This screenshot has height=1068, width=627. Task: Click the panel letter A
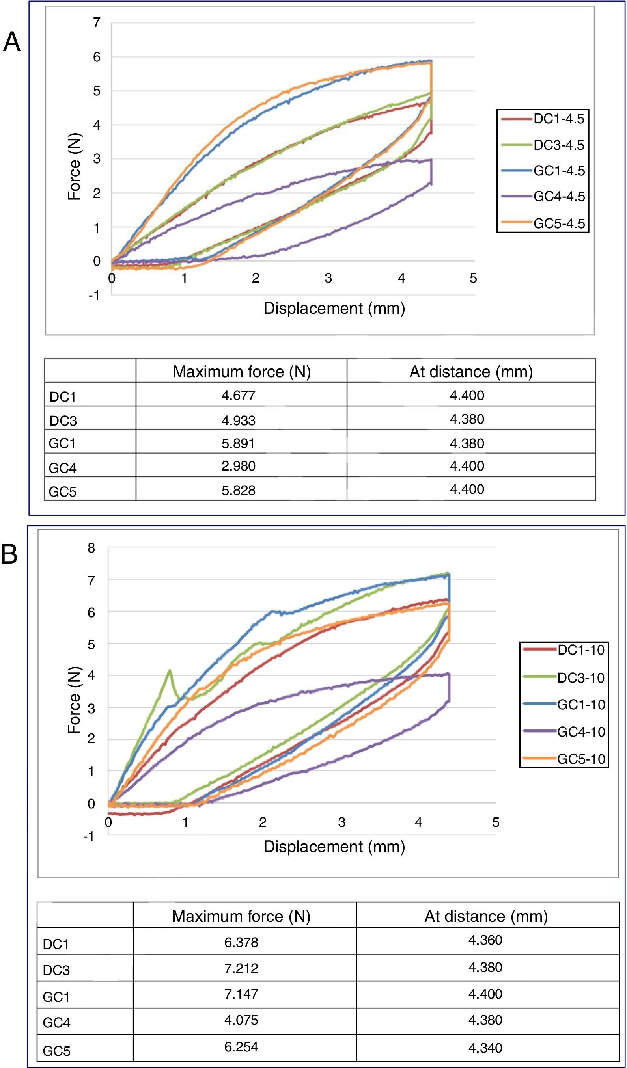click(12, 43)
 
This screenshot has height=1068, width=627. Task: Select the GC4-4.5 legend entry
click(559, 197)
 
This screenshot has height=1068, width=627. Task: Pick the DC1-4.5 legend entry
click(559, 119)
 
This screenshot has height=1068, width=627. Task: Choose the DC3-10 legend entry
click(581, 678)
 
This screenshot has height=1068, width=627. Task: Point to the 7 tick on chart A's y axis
click(97, 22)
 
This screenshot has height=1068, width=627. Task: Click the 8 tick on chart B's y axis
click(91, 547)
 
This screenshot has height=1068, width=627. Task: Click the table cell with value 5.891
click(238, 443)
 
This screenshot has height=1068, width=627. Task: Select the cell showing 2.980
click(238, 466)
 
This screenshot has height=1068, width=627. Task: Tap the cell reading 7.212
click(241, 968)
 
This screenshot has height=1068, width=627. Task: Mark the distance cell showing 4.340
click(485, 1048)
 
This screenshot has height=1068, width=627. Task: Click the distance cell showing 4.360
click(485, 940)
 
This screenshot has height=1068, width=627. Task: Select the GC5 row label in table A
click(63, 491)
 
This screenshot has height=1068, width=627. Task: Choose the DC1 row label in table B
click(56, 944)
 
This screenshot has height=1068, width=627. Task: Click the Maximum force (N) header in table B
click(241, 916)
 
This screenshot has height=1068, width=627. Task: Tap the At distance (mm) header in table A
click(470, 372)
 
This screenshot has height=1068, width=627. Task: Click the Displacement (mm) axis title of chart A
click(334, 308)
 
